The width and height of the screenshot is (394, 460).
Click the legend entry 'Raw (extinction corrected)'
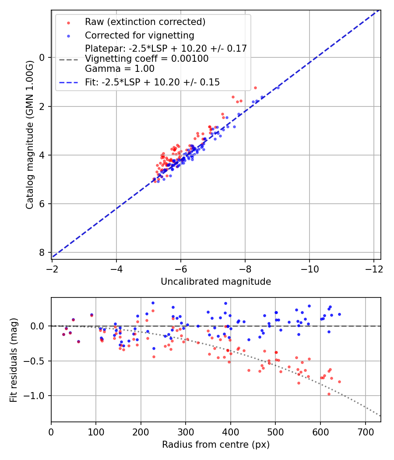point(145,22)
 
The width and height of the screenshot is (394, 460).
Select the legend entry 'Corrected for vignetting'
point(139,35)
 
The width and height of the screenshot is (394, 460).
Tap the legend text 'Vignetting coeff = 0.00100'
point(147,59)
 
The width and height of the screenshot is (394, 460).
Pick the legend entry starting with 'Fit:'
point(152,82)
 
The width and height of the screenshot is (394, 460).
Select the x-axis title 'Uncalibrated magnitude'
point(216,282)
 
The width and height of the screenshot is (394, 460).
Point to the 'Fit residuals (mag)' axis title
point(14,360)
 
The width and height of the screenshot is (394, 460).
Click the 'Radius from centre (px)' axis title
point(216,445)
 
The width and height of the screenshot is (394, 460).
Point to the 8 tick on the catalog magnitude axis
point(42,253)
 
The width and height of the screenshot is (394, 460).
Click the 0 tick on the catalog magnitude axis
point(42,58)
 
